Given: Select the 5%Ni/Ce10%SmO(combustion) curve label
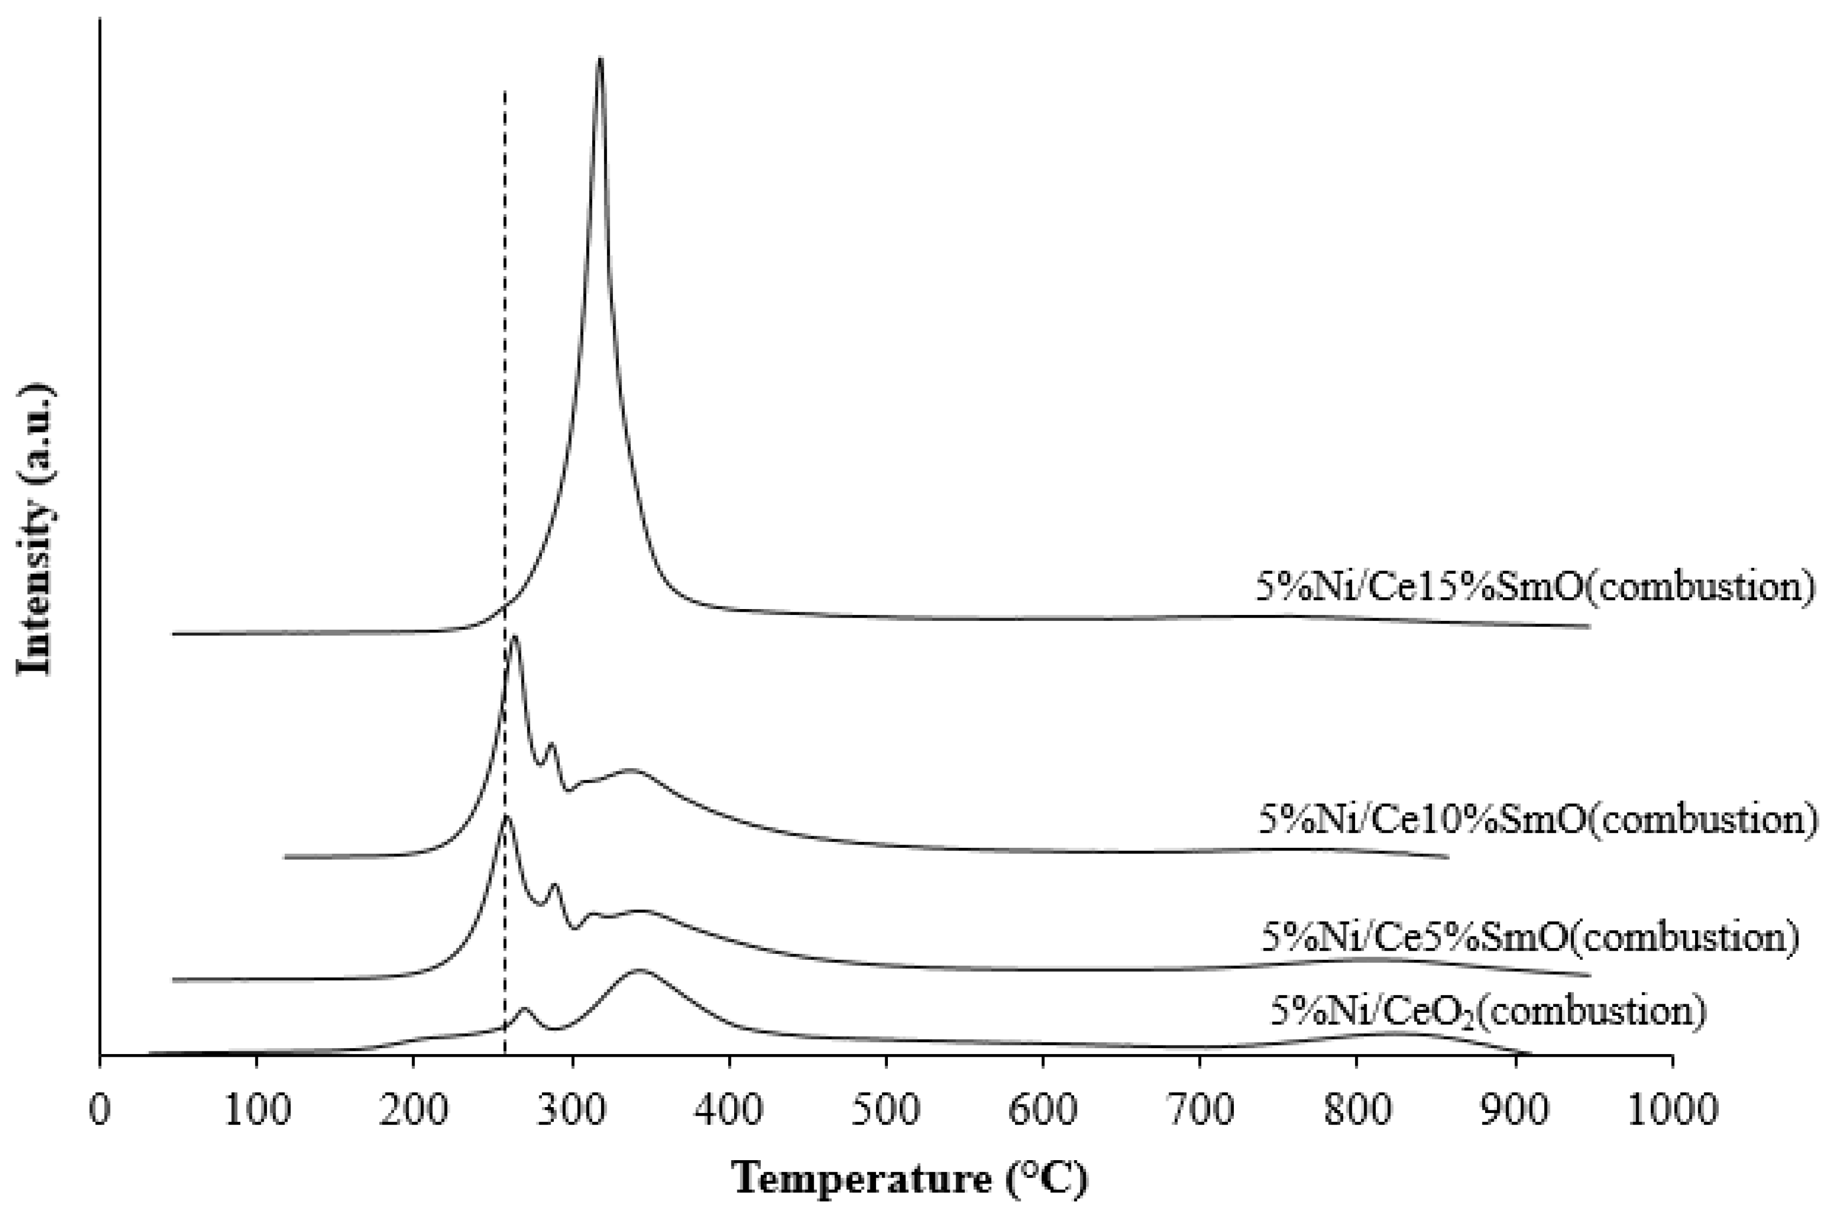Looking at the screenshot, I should pyautogui.click(x=1537, y=820).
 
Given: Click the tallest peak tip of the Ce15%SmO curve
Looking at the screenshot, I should pyautogui.click(x=599, y=59).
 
